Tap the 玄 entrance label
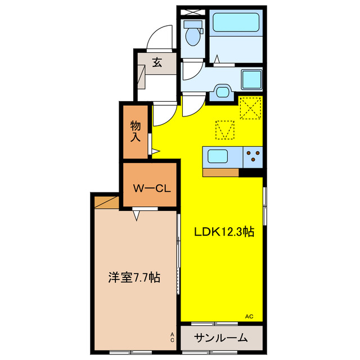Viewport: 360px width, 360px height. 157,63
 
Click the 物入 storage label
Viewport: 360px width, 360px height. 136,130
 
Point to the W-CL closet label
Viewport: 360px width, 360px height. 151,188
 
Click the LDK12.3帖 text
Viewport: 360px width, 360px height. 223,232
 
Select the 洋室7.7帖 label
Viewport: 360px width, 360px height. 134,277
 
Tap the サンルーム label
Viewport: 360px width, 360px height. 221,338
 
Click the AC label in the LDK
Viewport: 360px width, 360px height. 249,317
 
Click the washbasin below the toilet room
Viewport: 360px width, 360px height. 222,92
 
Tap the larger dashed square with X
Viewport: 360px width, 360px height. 250,107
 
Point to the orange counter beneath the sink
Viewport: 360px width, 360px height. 220,172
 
